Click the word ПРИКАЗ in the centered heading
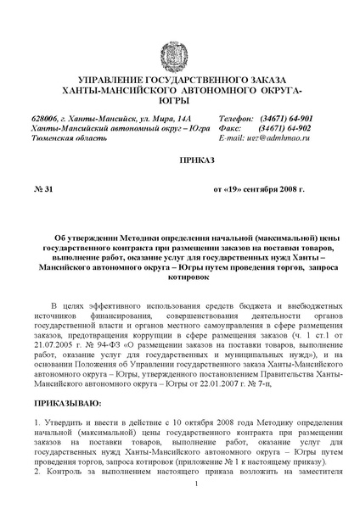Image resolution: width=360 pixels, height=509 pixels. (180, 159)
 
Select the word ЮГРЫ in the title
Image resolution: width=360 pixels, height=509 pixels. (180, 102)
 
